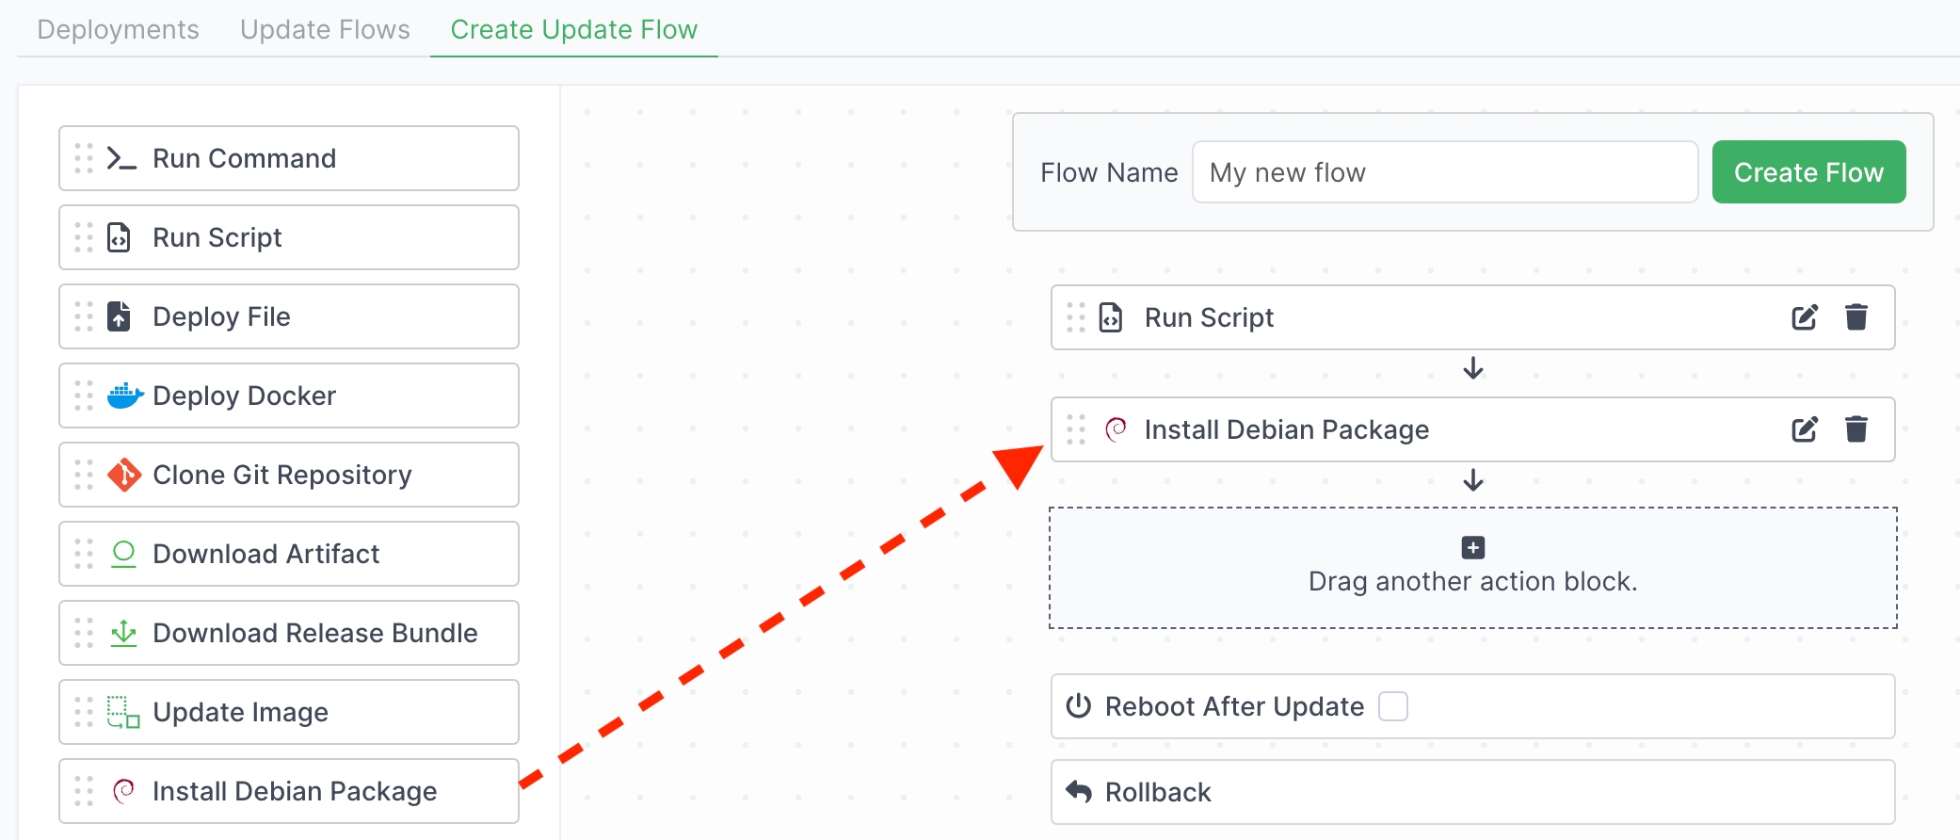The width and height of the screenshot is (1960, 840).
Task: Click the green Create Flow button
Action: coord(1808,172)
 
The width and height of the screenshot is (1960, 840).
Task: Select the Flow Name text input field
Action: coord(1444,172)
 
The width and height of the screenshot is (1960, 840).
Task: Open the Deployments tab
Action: coord(119,29)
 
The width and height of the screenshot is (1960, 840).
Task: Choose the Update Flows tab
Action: coord(325,29)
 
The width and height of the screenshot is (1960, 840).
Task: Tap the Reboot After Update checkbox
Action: coord(1392,706)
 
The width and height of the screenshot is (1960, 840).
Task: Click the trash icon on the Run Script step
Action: coord(1856,317)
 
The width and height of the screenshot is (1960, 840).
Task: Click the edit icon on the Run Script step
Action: coord(1804,317)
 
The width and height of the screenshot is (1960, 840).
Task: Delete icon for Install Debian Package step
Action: coord(1856,429)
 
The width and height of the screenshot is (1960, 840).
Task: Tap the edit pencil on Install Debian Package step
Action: coord(1804,429)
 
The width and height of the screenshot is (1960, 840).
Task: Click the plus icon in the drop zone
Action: coord(1472,547)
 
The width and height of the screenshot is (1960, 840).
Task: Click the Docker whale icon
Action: coord(124,396)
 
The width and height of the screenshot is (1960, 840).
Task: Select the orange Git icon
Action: coord(124,475)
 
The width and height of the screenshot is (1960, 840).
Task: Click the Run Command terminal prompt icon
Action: coord(121,158)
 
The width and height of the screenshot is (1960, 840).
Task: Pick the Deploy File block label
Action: coord(221,316)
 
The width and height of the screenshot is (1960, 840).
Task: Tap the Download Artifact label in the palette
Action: coord(265,554)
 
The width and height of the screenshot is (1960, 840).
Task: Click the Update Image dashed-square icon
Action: coord(122,712)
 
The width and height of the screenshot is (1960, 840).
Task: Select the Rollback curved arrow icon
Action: coord(1079,792)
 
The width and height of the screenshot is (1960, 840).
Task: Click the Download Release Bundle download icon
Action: coord(123,633)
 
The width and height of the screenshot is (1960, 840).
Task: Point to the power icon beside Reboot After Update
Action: coord(1078,706)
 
